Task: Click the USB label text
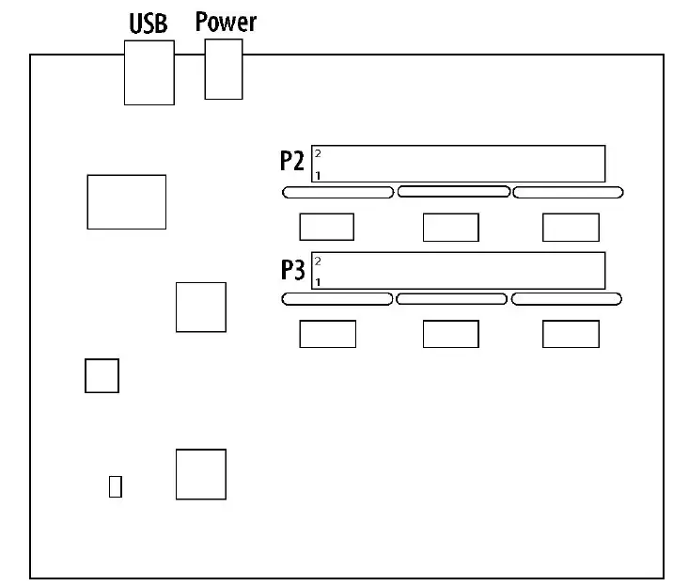point(148,24)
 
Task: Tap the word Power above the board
point(226,22)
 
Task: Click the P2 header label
point(292,162)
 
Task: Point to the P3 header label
point(292,271)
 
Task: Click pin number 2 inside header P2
point(318,152)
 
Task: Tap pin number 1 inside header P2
point(318,175)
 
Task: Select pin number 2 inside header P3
point(318,261)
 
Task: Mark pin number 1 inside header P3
point(318,282)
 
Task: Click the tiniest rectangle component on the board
point(116,486)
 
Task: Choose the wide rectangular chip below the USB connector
point(126,201)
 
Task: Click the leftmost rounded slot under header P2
point(337,192)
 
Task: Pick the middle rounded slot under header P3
point(452,299)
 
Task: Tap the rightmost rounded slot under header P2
point(568,192)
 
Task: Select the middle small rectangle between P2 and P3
point(450,228)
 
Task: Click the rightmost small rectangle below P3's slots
point(571,334)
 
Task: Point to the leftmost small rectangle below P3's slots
point(327,334)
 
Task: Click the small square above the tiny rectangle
point(102,375)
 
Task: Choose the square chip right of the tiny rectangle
point(200,474)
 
